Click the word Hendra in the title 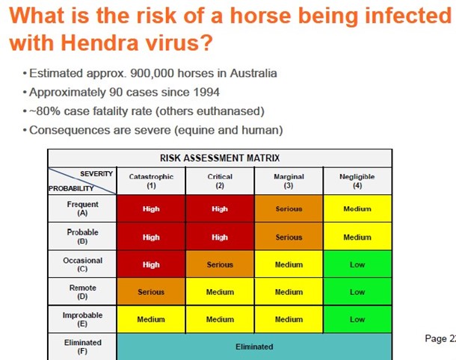click(x=99, y=43)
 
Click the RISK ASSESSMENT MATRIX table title click(x=220, y=158)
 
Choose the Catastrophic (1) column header click(x=151, y=181)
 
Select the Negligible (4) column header click(x=357, y=181)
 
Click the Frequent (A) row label click(x=82, y=208)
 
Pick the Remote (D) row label click(x=82, y=292)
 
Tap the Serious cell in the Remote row click(x=151, y=292)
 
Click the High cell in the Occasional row click(x=151, y=264)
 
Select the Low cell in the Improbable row click(x=357, y=320)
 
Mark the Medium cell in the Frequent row click(x=357, y=208)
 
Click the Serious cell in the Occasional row click(x=220, y=264)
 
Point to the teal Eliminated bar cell click(x=254, y=347)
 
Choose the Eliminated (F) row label click(x=82, y=347)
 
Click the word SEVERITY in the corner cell click(x=96, y=174)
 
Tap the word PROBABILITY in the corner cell click(x=71, y=188)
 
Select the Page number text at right click(x=440, y=339)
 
